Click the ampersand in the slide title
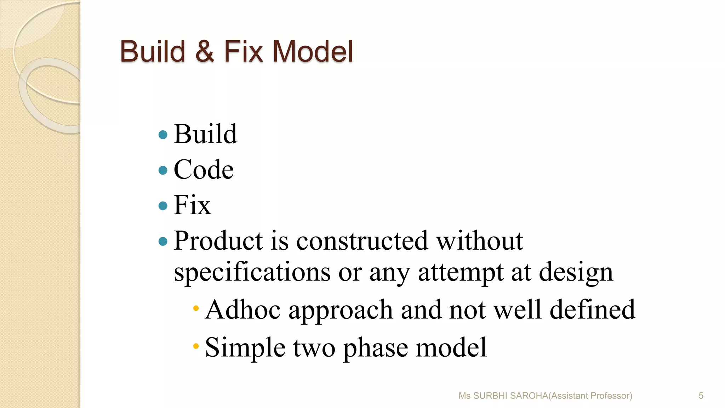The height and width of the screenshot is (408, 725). pyautogui.click(x=205, y=52)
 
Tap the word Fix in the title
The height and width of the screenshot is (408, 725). pyautogui.click(x=244, y=52)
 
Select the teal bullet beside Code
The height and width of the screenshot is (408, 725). pyautogui.click(x=163, y=170)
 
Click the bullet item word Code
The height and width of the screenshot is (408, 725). pyautogui.click(x=204, y=170)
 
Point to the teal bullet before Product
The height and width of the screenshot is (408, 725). pyautogui.click(x=163, y=242)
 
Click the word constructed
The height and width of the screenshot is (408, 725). pyautogui.click(x=362, y=241)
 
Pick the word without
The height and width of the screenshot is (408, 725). pyautogui.click(x=479, y=241)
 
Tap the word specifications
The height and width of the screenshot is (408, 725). pyautogui.click(x=252, y=273)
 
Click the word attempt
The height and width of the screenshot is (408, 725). pyautogui.click(x=461, y=273)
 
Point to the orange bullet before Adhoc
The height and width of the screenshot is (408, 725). pyautogui.click(x=196, y=308)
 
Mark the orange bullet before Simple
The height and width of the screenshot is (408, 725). pyautogui.click(x=196, y=346)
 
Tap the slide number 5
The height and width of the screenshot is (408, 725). pyautogui.click(x=701, y=396)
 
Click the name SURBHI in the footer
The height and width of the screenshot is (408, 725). pyautogui.click(x=490, y=396)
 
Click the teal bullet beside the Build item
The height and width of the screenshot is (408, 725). pyautogui.click(x=163, y=135)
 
